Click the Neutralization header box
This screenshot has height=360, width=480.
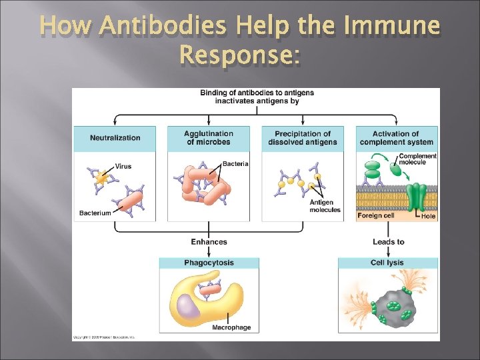tap(115, 138)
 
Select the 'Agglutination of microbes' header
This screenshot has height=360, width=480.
tap(209, 138)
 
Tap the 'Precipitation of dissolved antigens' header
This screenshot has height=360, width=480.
tap(303, 138)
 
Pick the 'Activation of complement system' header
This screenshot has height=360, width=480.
tap(397, 138)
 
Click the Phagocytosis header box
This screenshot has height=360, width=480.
tap(209, 263)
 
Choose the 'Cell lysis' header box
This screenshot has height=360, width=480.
tap(387, 263)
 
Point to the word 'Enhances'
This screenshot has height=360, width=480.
tap(209, 241)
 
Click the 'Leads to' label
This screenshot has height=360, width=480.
tap(388, 241)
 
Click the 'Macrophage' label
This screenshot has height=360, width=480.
tap(231, 327)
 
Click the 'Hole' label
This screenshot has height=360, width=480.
tap(428, 216)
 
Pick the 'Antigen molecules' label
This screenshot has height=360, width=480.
tap(325, 206)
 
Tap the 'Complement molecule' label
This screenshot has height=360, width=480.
tap(417, 159)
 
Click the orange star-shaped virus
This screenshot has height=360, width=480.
tap(101, 178)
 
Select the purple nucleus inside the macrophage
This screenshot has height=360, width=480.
tap(189, 308)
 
